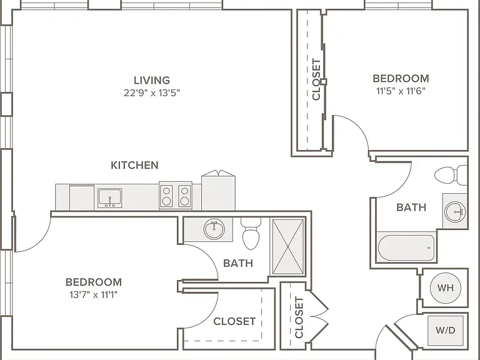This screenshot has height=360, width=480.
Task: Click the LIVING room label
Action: [152, 80]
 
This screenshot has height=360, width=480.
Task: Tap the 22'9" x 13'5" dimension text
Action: [152, 92]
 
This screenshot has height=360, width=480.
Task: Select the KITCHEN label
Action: [135, 165]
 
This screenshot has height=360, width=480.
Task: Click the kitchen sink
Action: [109, 198]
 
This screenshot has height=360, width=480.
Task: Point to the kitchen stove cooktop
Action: [176, 196]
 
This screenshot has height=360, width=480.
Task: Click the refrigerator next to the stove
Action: [218, 190]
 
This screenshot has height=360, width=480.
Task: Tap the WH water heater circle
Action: [446, 287]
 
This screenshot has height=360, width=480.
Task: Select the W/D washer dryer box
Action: [446, 331]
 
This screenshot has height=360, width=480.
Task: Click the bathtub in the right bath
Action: [407, 247]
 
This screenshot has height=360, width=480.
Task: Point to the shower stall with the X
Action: [287, 246]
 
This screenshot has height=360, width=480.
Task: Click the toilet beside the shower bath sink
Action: [251, 233]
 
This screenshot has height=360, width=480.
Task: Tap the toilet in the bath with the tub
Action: [451, 175]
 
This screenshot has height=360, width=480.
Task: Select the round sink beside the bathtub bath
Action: [455, 211]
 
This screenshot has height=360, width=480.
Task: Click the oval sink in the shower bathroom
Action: [214, 229]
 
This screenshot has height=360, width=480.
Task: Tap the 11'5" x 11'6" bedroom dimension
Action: [401, 91]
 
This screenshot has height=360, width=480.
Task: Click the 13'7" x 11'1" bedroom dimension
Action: [93, 295]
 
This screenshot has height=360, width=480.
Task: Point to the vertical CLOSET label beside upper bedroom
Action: [316, 79]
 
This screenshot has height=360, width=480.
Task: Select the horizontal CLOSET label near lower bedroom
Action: [234, 321]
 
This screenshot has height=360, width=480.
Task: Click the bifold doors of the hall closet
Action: [319, 316]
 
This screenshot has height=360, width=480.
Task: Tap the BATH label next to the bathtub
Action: [411, 207]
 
